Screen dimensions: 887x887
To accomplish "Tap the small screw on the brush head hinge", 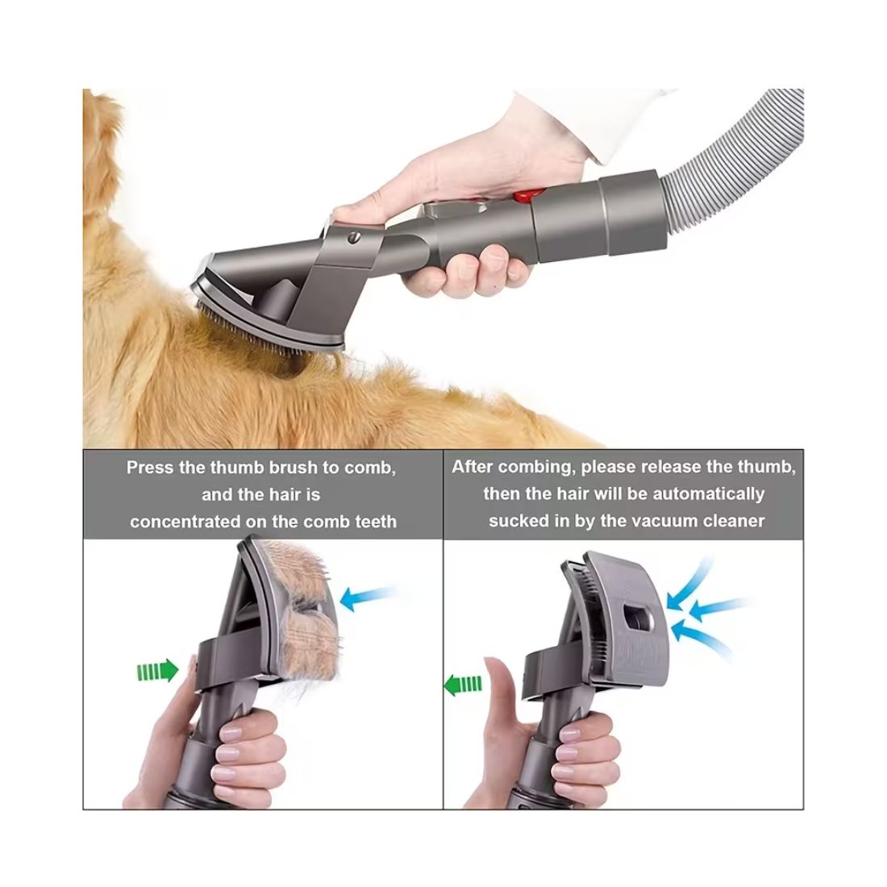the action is tap(355, 238).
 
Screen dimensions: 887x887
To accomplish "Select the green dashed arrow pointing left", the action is tap(463, 684).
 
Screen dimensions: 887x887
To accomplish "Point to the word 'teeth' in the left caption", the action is tap(377, 522).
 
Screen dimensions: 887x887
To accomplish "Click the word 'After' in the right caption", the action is tap(473, 467).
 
